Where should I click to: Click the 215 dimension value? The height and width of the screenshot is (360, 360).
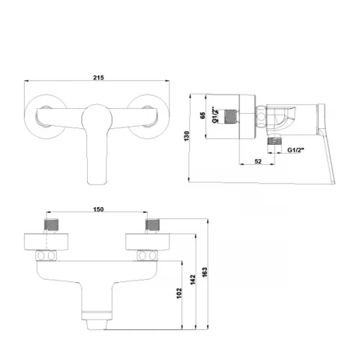tap(98, 77)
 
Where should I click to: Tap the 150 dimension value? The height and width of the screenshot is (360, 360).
tap(98, 209)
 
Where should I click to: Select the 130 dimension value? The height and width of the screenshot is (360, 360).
tap(187, 136)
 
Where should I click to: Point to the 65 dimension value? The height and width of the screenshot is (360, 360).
tap(202, 115)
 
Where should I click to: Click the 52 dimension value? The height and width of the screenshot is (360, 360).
tap(258, 161)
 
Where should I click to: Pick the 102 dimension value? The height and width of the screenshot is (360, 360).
tap(179, 293)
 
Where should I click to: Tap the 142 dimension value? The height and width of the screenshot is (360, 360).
tap(193, 280)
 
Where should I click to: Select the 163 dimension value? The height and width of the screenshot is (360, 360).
tap(205, 272)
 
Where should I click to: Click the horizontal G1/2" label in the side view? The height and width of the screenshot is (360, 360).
tap(295, 150)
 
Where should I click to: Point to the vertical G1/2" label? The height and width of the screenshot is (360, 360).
tap(214, 115)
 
